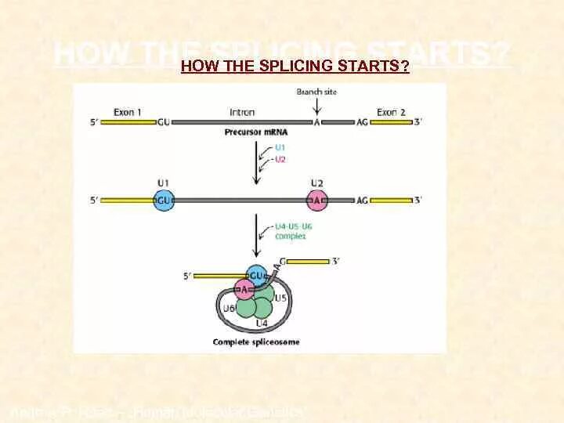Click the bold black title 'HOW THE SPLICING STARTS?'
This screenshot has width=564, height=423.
(295, 67)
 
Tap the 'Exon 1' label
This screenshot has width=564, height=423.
(128, 112)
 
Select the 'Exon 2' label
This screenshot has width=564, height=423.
(391, 112)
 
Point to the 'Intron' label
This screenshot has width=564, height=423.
(242, 112)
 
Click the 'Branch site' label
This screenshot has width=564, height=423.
(316, 92)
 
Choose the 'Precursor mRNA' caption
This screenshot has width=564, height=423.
(255, 132)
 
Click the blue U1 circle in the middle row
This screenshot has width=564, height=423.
(163, 201)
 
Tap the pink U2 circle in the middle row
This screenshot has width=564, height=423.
(316, 201)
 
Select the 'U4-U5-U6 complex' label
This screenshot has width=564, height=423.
(294, 230)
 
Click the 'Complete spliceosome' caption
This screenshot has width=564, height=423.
(255, 342)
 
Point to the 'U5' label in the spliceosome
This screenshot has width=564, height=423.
(280, 298)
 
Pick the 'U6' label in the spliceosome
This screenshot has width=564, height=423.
(229, 308)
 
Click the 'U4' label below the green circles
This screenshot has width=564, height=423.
(262, 323)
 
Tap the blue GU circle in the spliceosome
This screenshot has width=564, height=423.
(256, 276)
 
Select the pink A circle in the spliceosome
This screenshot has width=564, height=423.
(244, 291)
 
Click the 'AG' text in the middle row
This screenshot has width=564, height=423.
(362, 201)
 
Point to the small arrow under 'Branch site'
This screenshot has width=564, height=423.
(316, 106)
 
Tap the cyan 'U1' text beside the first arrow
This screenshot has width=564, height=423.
(280, 146)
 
